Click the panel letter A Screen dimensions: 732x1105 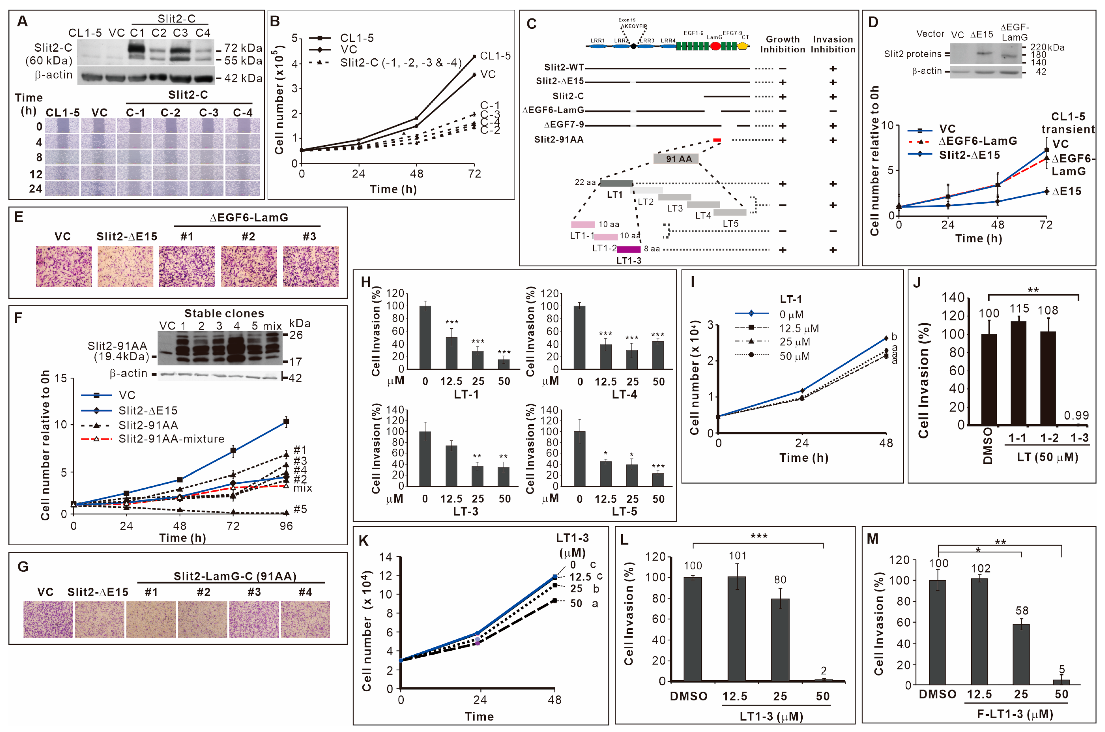click(22, 21)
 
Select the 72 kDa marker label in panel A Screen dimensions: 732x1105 click(243, 48)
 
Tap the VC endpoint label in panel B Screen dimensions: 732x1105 click(488, 74)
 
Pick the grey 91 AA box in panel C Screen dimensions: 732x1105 click(676, 159)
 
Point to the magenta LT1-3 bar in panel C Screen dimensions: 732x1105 click(628, 249)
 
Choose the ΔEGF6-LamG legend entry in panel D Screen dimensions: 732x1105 click(977, 141)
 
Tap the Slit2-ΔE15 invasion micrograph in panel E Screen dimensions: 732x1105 click(125, 267)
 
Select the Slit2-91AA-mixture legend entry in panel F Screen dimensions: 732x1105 click(171, 439)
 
